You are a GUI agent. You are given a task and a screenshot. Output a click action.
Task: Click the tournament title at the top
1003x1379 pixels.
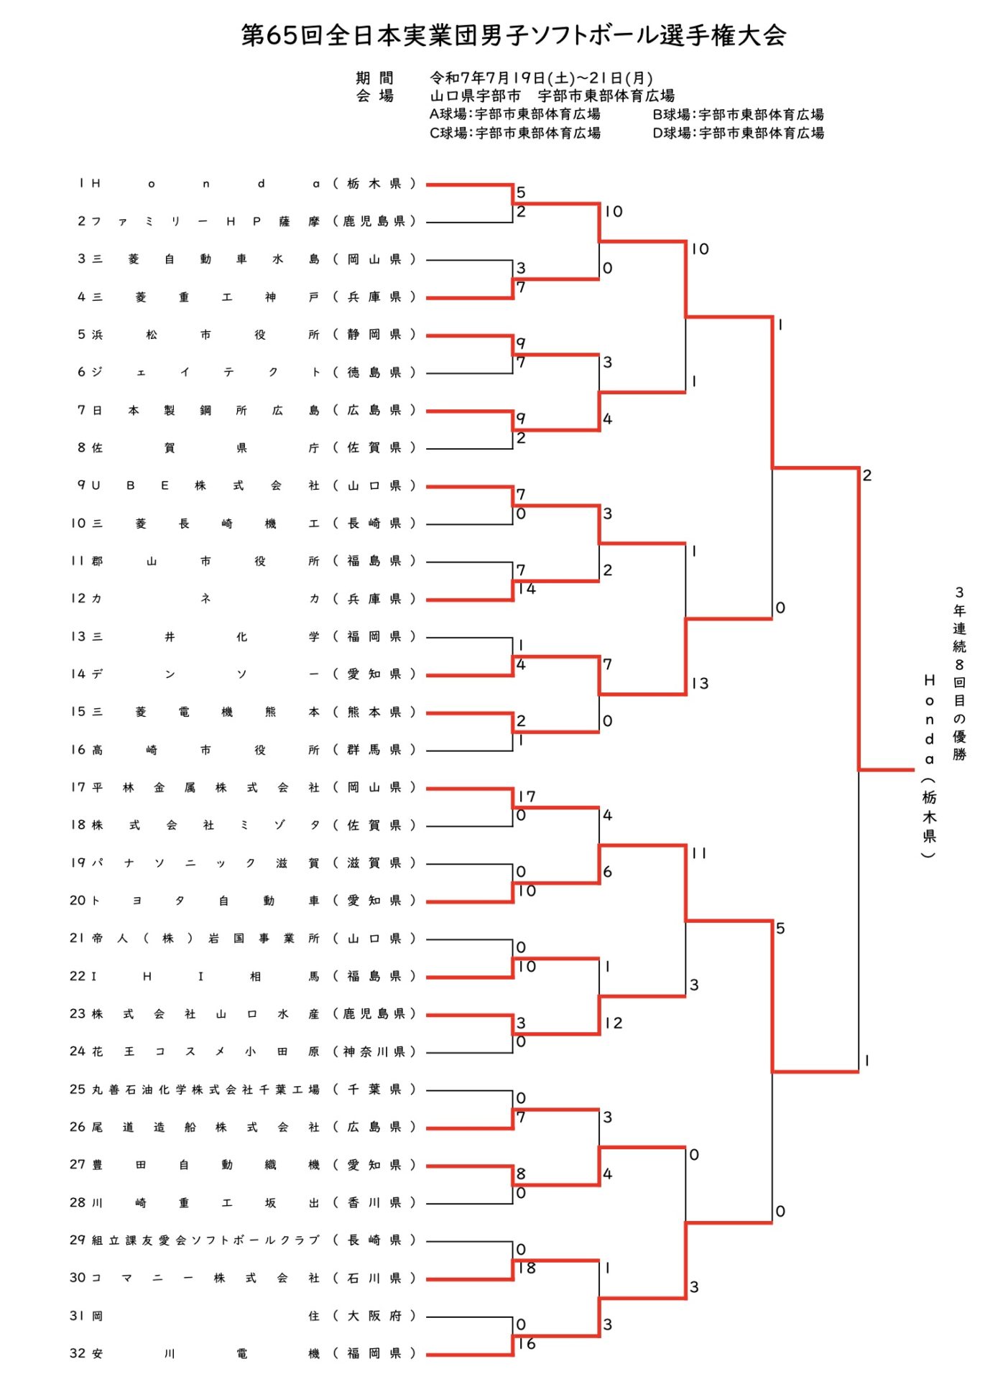513,34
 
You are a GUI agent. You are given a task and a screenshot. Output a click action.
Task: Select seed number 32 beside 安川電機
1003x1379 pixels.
78,1353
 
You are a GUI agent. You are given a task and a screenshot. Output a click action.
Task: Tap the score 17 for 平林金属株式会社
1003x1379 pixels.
527,796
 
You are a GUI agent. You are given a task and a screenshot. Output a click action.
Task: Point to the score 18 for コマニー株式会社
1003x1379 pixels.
527,1268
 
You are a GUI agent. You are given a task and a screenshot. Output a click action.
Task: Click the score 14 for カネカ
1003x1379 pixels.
527,588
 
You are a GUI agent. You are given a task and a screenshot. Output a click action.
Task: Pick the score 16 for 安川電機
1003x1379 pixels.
527,1343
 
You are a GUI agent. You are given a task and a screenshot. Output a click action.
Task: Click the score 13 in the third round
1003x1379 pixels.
700,683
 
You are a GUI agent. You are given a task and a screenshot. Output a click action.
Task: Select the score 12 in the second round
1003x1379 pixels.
614,1023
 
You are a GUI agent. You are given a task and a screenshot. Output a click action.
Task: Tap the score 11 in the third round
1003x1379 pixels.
699,853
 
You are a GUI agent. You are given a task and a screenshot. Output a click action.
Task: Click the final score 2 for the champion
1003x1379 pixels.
867,475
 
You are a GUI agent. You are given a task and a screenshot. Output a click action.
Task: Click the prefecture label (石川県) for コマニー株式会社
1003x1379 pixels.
374,1278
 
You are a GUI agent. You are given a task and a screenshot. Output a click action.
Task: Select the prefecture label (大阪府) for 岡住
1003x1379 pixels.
374,1316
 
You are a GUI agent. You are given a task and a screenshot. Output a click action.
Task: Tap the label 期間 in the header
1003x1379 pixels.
374,78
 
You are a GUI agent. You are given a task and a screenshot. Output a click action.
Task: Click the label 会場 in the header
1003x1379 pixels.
374,96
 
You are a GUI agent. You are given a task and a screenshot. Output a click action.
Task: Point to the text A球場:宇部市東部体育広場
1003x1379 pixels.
514,114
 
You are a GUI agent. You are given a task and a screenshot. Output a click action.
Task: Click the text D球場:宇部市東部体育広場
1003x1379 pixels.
738,133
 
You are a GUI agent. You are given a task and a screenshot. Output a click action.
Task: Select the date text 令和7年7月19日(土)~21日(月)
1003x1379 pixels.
541,78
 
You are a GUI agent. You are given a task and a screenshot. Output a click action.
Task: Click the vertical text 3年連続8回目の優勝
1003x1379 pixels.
959,673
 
